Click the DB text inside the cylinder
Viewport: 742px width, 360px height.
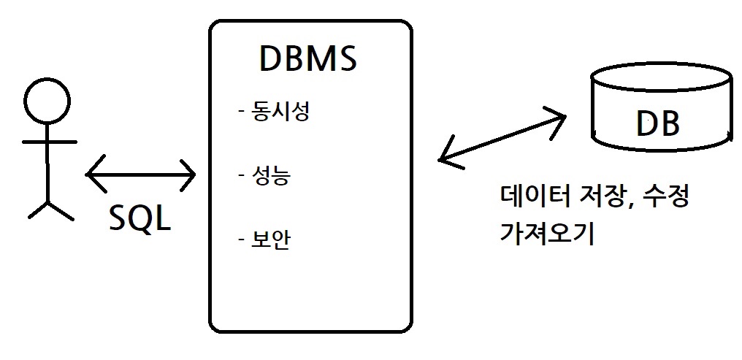point(658,125)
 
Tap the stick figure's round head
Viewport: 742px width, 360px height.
point(47,101)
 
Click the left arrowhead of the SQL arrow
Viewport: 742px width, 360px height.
point(93,174)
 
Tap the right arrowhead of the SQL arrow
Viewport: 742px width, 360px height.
point(189,174)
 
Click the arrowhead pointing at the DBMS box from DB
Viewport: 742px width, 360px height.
point(445,158)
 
